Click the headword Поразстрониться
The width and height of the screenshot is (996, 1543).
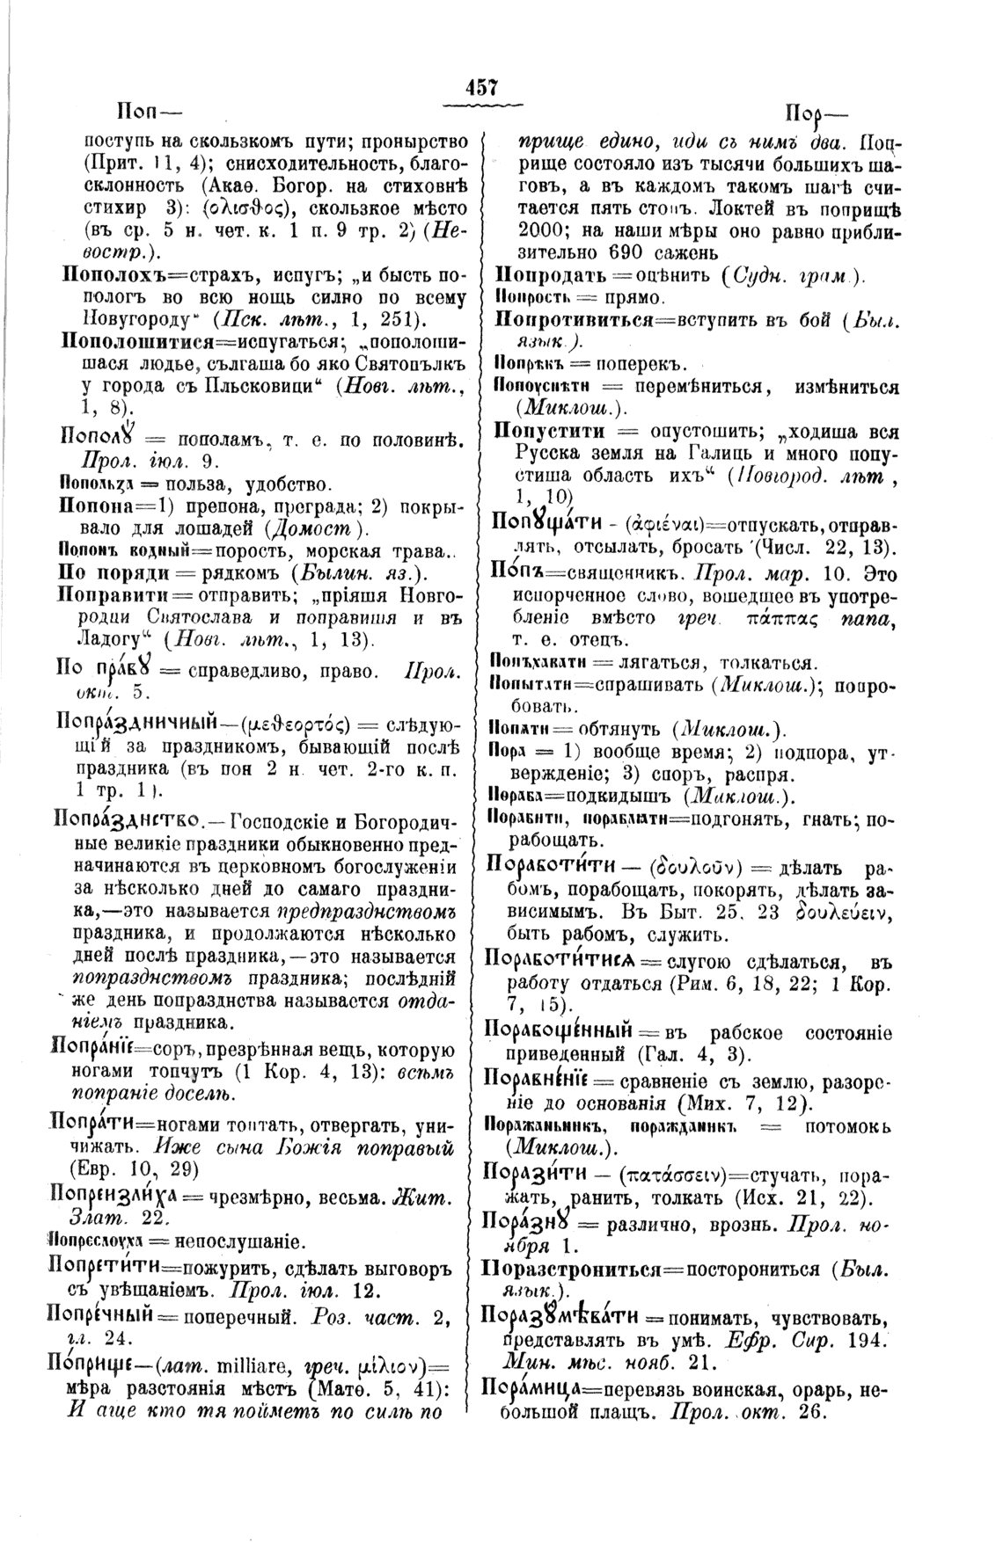(x=595, y=1269)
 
